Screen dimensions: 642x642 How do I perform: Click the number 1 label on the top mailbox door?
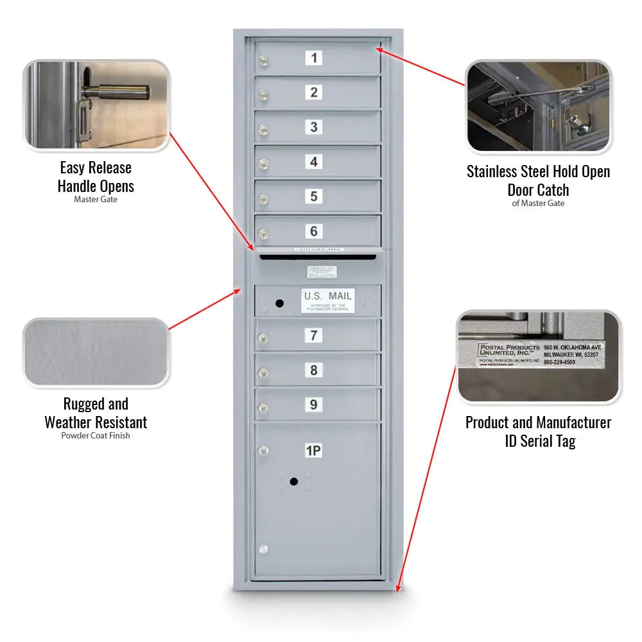pyautogui.click(x=313, y=58)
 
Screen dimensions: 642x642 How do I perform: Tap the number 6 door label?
pyautogui.click(x=313, y=231)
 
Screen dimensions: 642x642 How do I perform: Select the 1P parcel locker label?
pyautogui.click(x=313, y=451)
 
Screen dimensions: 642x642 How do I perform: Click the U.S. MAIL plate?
pyautogui.click(x=327, y=300)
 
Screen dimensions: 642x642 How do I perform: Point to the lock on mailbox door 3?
pyautogui.click(x=263, y=130)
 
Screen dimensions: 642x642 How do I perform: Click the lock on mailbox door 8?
pyautogui.click(x=263, y=373)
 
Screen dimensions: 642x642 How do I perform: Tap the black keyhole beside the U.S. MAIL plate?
pyautogui.click(x=279, y=302)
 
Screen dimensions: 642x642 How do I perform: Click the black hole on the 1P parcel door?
pyautogui.click(x=293, y=481)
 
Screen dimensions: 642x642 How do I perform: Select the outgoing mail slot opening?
pyautogui.click(x=318, y=257)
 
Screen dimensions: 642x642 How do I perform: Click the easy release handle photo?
pyautogui.click(x=96, y=105)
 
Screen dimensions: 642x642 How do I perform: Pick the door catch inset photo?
pyautogui.click(x=538, y=106)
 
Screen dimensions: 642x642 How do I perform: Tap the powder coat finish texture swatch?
pyautogui.click(x=96, y=353)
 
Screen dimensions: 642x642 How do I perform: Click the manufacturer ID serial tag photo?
pyautogui.click(x=538, y=356)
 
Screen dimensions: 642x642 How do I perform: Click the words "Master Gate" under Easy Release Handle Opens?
pyautogui.click(x=96, y=200)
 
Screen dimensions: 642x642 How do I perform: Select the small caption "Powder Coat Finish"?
pyautogui.click(x=96, y=436)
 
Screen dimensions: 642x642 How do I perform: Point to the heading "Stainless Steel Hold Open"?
pyautogui.click(x=538, y=171)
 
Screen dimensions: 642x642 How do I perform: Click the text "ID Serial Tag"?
pyautogui.click(x=538, y=441)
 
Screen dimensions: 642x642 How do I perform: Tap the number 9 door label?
pyautogui.click(x=313, y=404)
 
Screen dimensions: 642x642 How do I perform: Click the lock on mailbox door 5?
pyautogui.click(x=263, y=200)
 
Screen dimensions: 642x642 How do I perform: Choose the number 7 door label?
pyautogui.click(x=313, y=335)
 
